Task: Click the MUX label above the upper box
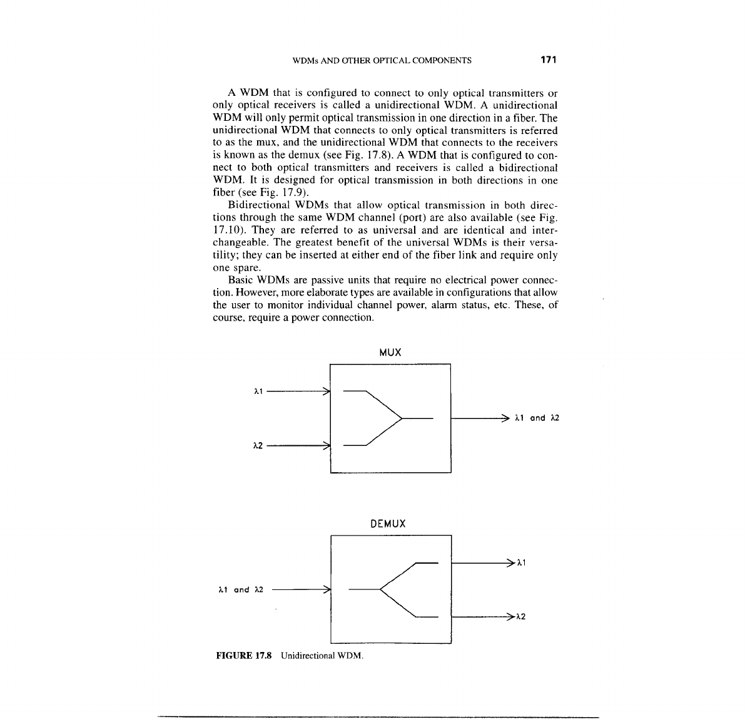(390, 353)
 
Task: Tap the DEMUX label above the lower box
(388, 524)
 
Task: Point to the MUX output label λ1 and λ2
(536, 418)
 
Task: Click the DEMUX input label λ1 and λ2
(240, 589)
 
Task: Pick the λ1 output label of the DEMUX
(521, 563)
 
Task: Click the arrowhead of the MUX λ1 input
(326, 391)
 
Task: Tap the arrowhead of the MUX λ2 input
(326, 446)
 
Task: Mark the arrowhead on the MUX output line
(505, 418)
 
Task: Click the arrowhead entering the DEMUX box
(326, 589)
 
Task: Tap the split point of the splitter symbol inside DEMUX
(380, 589)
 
